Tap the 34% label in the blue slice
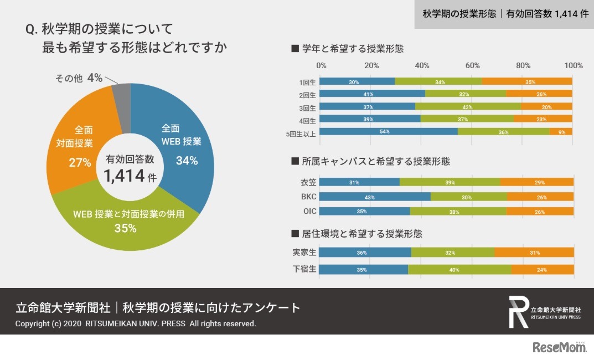click(x=187, y=161)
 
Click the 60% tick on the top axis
click(x=472, y=65)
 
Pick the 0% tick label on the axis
click(x=321, y=65)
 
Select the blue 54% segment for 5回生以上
click(x=389, y=131)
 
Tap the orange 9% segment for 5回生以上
click(x=561, y=131)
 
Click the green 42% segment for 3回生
click(x=468, y=106)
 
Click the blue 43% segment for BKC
click(x=375, y=197)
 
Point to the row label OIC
click(x=308, y=211)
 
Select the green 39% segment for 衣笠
click(x=450, y=182)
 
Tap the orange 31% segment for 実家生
click(x=534, y=253)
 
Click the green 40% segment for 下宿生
click(x=459, y=270)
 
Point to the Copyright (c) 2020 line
click(x=136, y=323)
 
